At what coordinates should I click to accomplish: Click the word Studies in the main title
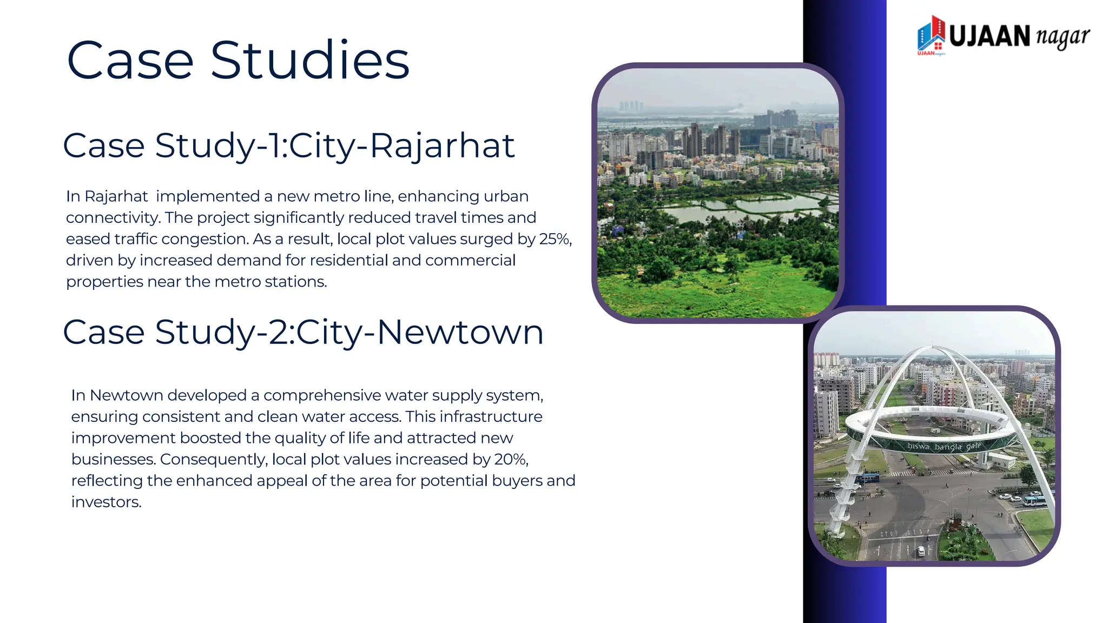pos(309,61)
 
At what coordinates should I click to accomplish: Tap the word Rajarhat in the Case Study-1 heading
pos(442,146)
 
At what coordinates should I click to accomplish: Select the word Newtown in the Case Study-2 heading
pos(460,332)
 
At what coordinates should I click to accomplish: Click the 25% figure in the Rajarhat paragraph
pos(554,239)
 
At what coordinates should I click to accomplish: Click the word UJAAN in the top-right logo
pos(990,37)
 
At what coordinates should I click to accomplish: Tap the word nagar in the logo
pos(1062,37)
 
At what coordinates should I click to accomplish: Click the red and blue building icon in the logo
pos(931,35)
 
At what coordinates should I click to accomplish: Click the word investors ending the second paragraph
pos(106,502)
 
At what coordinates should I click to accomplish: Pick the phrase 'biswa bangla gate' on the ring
pos(944,447)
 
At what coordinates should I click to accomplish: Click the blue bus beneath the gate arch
pos(867,478)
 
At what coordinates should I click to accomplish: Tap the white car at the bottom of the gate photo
pos(921,551)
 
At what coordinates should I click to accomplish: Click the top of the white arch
pos(932,348)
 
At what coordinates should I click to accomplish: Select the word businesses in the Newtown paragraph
pos(114,459)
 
